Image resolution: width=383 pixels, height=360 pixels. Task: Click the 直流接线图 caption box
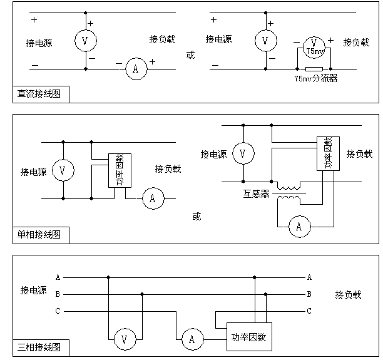coord(39,95)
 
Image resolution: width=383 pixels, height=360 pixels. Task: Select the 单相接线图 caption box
coord(39,235)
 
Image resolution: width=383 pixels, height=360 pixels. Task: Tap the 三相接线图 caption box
coord(39,347)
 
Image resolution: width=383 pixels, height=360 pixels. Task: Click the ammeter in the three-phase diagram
coord(192,339)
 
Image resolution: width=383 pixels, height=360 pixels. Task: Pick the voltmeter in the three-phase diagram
coord(125,339)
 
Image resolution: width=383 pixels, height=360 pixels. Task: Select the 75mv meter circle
coord(313,44)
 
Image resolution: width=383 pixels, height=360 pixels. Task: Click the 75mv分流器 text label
coord(315,78)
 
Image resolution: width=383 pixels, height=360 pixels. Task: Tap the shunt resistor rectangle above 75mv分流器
coord(314,68)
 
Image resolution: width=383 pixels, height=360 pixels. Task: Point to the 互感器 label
coord(257,194)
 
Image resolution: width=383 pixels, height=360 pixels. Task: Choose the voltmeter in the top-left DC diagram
coord(85,41)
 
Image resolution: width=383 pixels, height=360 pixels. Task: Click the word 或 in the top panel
coord(190,55)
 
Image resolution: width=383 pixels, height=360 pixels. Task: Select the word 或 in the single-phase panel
coord(197,217)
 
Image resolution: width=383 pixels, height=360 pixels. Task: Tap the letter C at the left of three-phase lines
coord(58,311)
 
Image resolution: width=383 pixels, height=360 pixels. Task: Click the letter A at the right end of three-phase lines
coord(309,277)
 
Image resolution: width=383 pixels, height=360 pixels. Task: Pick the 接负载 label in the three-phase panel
coord(348,294)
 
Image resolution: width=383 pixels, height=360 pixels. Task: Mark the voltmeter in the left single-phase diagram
coord(63,170)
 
